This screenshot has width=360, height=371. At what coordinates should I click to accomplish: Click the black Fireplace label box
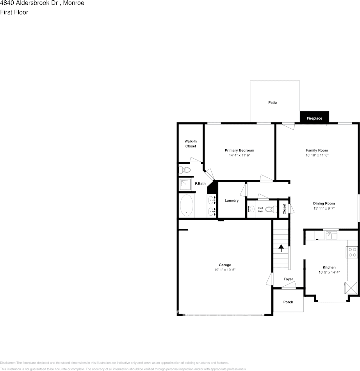pos(314,118)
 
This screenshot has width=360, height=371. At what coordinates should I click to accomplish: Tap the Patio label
pos(273,102)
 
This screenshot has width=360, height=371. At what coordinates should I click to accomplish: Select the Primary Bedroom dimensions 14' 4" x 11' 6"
pos(239,155)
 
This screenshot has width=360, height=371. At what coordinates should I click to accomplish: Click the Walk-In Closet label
pos(191,143)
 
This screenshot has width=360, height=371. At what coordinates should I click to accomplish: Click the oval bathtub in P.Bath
pos(187,206)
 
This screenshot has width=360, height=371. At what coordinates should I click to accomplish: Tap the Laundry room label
pos(232,201)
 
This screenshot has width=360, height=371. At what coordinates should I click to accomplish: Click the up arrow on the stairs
pos(281,247)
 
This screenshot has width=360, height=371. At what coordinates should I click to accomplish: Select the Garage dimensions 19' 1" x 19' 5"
pos(225,270)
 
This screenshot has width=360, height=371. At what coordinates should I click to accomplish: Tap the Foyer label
pos(288,279)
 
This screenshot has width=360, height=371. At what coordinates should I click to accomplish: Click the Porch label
pos(288,302)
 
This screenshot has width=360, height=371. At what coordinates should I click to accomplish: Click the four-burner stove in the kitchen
pos(352,252)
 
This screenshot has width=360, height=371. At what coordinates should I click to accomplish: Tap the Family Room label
pos(317,150)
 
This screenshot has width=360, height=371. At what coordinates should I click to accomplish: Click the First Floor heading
pos(14,12)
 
